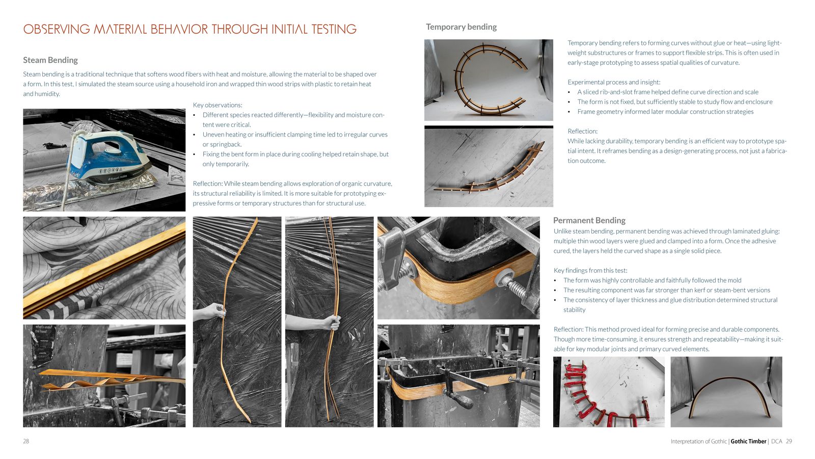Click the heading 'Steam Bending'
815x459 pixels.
pos(50,60)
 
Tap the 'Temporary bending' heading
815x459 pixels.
pos(461,27)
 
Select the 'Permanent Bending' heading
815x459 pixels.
pos(589,220)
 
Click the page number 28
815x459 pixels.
pos(26,441)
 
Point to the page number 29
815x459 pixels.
pos(789,441)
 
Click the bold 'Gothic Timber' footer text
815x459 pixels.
pos(748,441)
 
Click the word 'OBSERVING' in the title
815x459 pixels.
pos(57,29)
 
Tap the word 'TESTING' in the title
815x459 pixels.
pos(334,29)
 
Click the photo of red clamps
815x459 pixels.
pos(609,392)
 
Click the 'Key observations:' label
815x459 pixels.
pos(217,105)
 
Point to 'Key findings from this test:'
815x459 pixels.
pos(590,271)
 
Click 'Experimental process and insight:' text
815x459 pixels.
pos(614,82)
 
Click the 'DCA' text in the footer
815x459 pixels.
pos(776,441)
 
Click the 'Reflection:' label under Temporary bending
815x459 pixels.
pos(582,131)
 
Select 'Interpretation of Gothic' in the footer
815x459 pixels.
pos(698,441)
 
